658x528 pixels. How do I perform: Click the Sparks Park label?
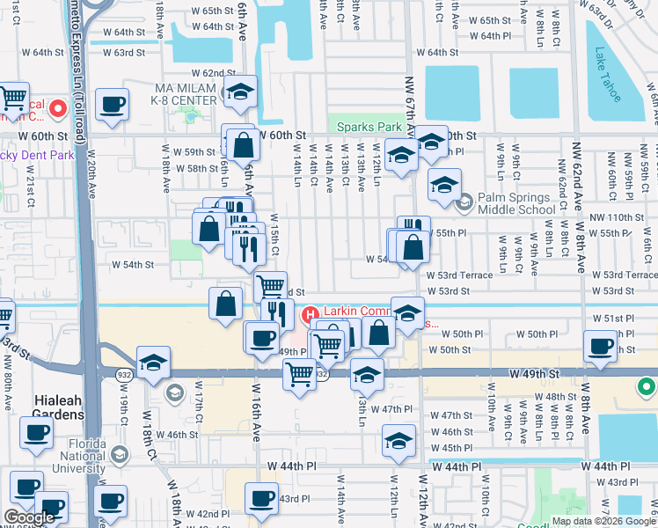(369, 127)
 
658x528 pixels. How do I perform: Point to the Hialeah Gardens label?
(58, 407)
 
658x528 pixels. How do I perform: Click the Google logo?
(29, 517)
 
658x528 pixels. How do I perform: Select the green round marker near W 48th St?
(647, 387)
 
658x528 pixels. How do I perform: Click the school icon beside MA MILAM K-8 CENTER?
(238, 91)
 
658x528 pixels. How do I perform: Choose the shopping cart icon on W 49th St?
(299, 375)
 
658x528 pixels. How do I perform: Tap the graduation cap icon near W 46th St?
(398, 440)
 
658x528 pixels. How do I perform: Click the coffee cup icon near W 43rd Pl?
(261, 499)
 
